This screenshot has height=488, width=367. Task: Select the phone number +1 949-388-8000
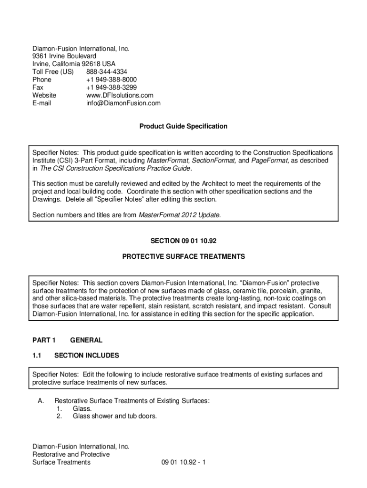click(111, 80)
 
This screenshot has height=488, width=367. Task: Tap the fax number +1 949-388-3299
click(111, 88)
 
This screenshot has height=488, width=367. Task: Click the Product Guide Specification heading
click(183, 126)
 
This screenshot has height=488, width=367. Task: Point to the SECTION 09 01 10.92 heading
click(183, 241)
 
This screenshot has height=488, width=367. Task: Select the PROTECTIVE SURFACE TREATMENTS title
click(183, 256)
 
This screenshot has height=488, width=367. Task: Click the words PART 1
click(44, 340)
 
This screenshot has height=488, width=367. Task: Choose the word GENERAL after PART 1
click(86, 340)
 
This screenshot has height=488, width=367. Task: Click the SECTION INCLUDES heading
click(87, 356)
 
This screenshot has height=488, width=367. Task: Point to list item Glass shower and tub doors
click(114, 416)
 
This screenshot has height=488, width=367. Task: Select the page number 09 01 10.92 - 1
click(183, 462)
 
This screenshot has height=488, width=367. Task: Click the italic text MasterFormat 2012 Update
click(179, 215)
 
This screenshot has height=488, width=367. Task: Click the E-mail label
click(41, 103)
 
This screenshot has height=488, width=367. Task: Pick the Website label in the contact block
click(44, 95)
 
